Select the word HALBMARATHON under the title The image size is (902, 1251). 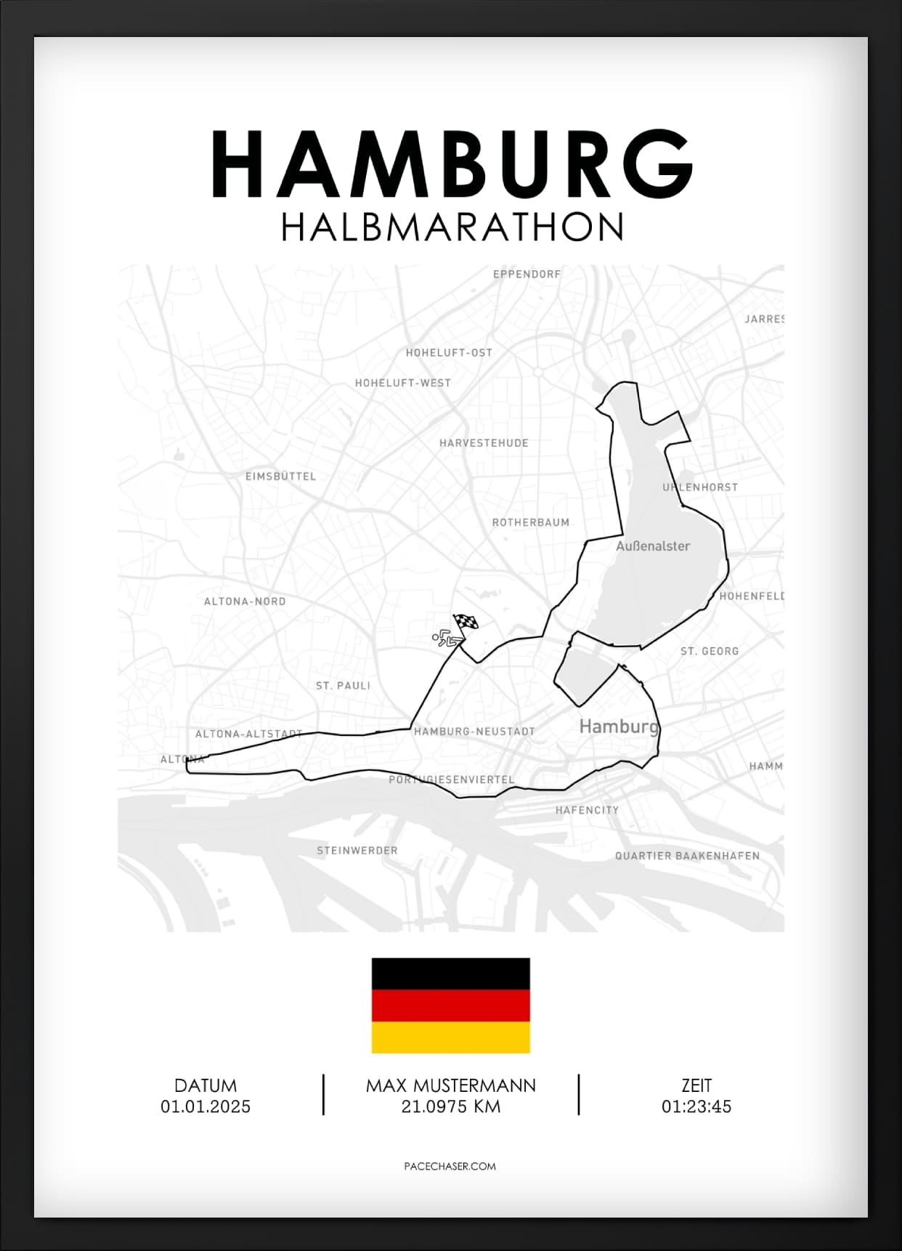[451, 227]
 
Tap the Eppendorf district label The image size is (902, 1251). [527, 275]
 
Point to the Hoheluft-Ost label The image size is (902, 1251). [449, 353]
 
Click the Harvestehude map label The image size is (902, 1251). [484, 443]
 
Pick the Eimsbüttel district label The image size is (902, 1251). [281, 477]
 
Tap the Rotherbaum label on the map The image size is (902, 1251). [531, 522]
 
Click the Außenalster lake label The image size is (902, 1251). [653, 546]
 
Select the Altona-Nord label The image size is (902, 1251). [245, 602]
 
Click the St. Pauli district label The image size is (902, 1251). [343, 686]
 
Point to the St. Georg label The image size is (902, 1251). [710, 652]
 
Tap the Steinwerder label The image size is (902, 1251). [357, 851]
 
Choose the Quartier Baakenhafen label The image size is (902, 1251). [687, 856]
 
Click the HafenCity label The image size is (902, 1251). [587, 810]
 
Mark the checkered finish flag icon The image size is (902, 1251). [466, 623]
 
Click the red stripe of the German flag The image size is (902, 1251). [451, 1005]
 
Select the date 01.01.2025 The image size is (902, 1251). [206, 1107]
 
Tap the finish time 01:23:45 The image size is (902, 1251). [696, 1107]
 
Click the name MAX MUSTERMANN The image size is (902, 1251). [451, 1086]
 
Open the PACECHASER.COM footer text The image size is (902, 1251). [450, 1166]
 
